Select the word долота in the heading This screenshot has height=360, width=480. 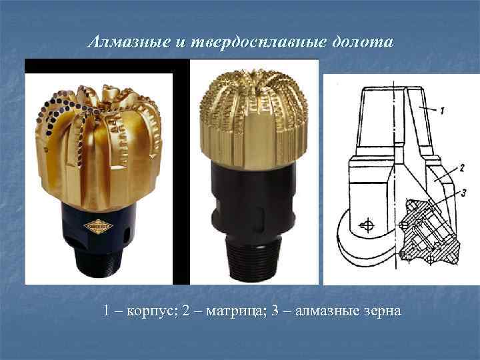(364, 43)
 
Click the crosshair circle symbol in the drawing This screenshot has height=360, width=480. (366, 225)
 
